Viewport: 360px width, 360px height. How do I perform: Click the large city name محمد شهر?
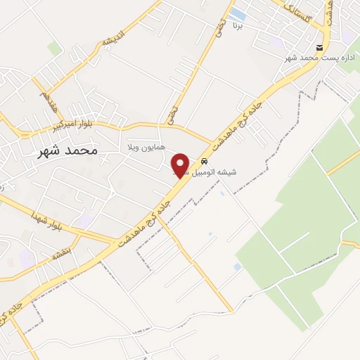pos(68,150)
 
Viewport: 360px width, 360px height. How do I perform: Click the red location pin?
pos(181,165)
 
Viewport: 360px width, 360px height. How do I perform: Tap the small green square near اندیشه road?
pos(54,48)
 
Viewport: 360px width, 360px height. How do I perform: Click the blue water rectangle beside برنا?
pos(238,13)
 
